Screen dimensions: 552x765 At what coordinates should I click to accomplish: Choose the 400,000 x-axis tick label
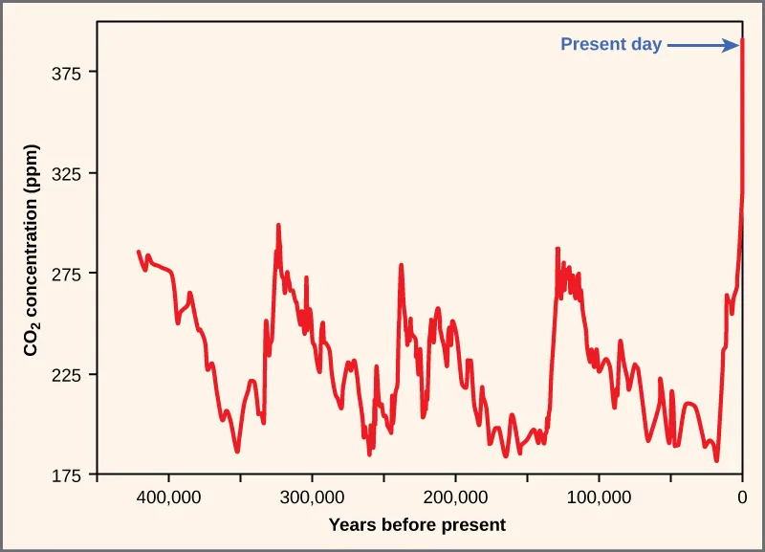tap(168, 497)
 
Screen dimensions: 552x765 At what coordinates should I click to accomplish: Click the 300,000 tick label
tap(312, 497)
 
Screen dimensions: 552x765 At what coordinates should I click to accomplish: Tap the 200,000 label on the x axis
tap(455, 497)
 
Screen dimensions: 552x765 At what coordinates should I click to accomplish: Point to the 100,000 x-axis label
tap(599, 497)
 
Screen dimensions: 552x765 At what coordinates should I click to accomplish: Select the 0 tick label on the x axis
tap(742, 497)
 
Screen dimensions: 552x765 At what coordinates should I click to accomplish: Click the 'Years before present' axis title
tap(417, 524)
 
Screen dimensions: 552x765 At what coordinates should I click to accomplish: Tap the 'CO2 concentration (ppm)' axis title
tap(31, 259)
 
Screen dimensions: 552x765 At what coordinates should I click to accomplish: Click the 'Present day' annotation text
tap(611, 44)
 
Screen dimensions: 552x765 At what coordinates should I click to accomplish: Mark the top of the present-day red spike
tap(743, 41)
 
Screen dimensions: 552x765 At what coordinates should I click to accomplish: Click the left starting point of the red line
tap(139, 252)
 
